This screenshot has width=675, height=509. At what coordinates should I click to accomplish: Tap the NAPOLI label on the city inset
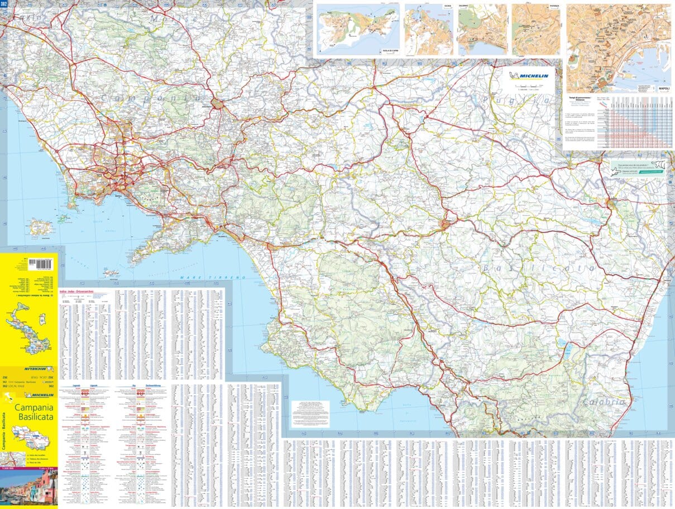point(663,88)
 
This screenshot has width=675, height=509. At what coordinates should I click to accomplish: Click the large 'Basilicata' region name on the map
point(539,269)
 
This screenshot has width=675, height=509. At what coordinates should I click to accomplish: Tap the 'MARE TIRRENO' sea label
point(212,278)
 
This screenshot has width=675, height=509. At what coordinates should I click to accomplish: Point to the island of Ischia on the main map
point(63,218)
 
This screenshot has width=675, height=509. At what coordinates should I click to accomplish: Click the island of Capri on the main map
point(111,273)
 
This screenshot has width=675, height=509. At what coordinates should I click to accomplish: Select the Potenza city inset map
point(536,30)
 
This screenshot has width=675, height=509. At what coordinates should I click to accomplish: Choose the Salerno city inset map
point(482,30)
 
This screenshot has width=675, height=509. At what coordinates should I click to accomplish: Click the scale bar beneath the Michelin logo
point(528,86)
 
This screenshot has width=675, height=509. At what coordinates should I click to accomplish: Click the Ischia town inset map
point(428,30)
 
